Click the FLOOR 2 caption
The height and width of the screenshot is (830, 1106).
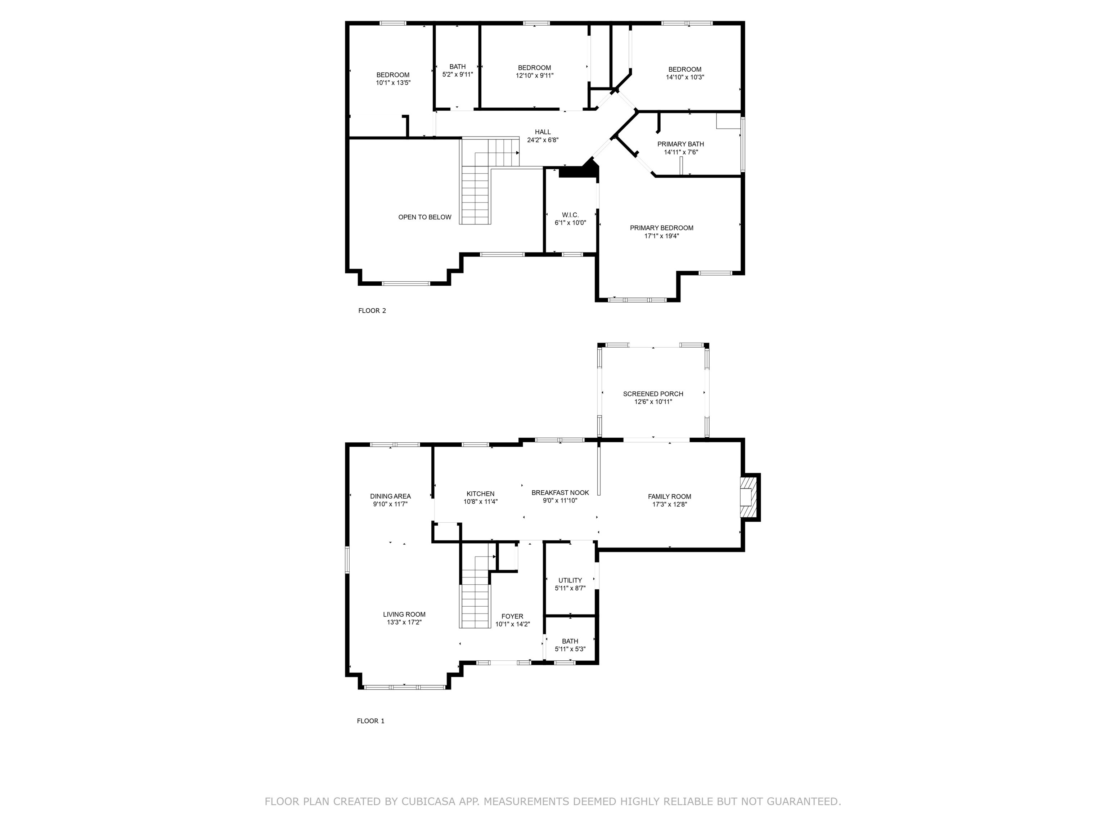coord(372,311)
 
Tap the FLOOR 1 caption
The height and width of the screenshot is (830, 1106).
coord(370,721)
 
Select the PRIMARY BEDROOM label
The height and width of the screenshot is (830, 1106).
coord(661,228)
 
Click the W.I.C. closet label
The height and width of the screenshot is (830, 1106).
coord(570,215)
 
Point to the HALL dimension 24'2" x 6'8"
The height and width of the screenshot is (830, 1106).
coord(543,140)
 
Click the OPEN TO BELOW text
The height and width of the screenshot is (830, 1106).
coord(424,217)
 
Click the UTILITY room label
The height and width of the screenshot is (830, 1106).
coord(570,580)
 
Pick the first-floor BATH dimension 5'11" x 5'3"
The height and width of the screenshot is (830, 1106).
coord(570,650)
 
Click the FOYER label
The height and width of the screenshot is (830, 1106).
coord(512,616)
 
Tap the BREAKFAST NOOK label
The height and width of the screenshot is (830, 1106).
coord(560,493)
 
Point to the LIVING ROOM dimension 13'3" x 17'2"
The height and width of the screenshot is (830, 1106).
coord(404,622)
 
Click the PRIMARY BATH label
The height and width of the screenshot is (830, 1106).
coord(680,144)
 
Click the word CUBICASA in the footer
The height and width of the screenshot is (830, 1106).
coord(428,802)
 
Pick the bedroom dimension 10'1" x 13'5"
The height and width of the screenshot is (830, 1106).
coord(393,83)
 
